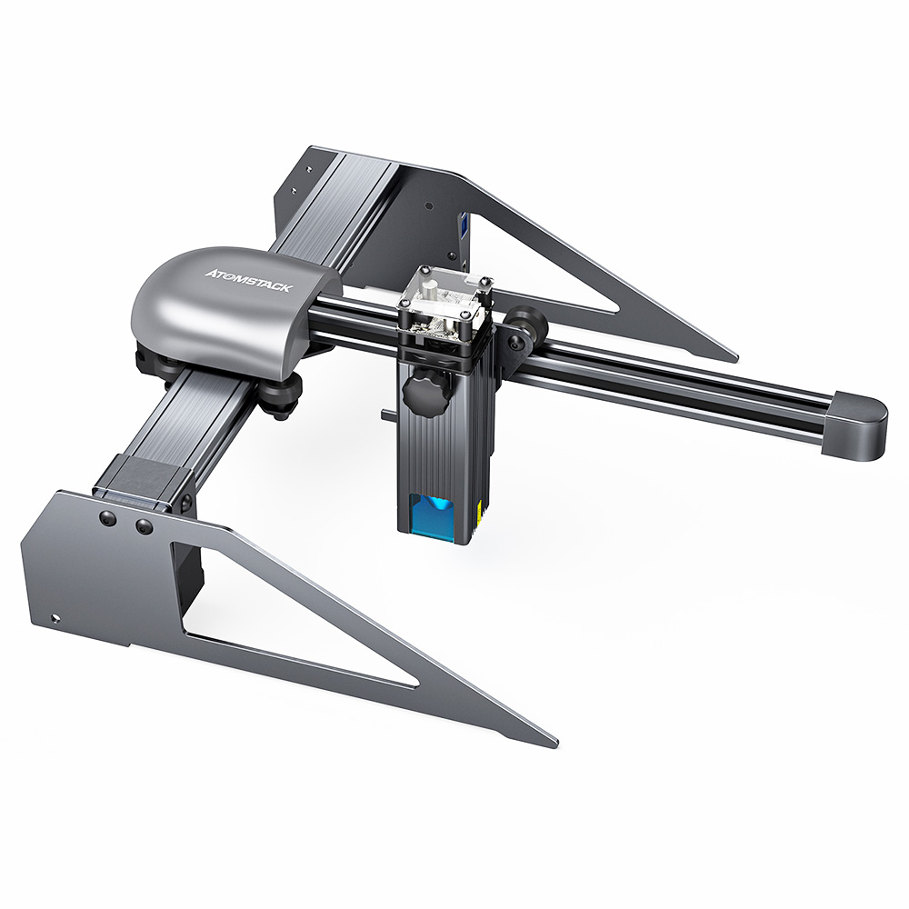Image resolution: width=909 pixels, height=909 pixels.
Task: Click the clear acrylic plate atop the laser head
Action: point(443,291)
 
